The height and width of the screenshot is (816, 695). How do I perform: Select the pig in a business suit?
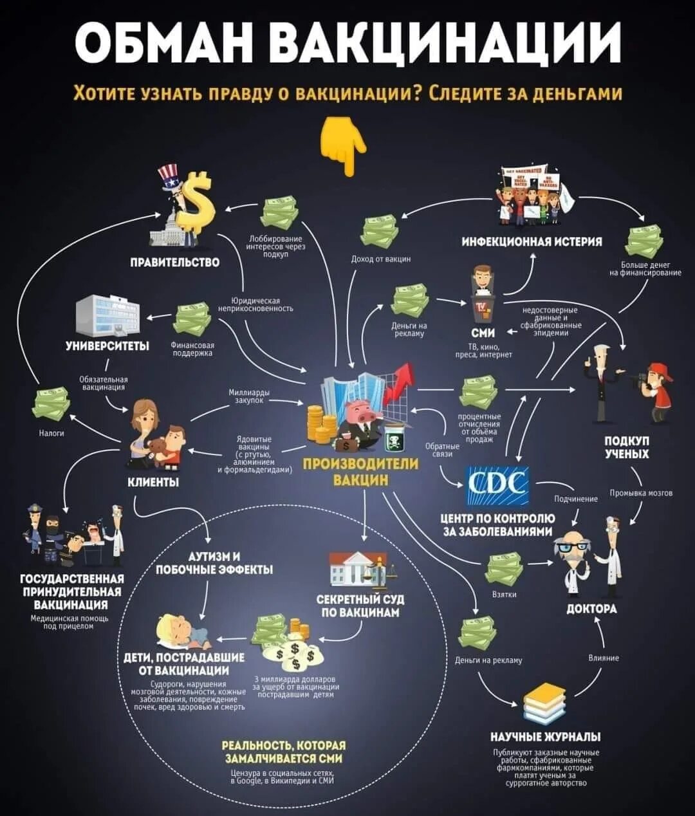361,422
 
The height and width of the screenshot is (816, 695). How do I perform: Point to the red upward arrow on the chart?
400,382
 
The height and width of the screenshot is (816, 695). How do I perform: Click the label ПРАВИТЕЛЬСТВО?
174,263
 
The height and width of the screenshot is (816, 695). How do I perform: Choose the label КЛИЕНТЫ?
153,482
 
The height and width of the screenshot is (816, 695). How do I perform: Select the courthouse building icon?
356,570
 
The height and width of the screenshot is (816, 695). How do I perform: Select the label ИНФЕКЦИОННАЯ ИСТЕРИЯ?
532,241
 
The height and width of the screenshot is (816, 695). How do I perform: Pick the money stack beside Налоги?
51,403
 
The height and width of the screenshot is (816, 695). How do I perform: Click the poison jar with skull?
394,439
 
